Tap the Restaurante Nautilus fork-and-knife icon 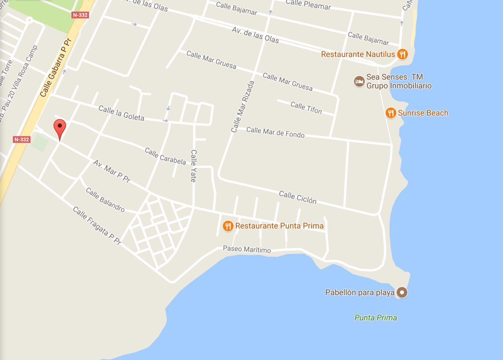402,54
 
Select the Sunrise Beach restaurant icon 391,113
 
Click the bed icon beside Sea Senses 359,81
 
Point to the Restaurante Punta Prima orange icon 228,226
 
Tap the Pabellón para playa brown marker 401,292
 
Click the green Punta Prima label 375,318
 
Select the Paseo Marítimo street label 246,249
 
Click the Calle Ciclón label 297,198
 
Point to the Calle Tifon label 306,107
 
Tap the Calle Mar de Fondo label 275,132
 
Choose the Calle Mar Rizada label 242,107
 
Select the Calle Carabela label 165,156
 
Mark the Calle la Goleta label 121,113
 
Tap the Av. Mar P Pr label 112,171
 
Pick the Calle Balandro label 105,200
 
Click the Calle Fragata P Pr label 96,225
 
